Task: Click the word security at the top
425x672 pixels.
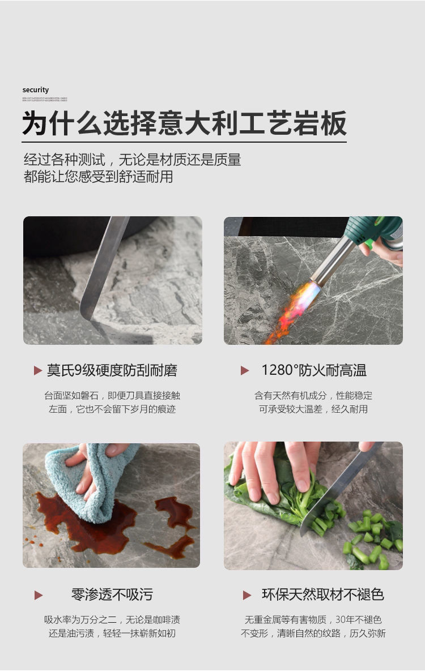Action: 36,90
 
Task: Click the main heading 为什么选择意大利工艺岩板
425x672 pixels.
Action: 184,123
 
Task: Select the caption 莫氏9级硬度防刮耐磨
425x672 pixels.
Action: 112,371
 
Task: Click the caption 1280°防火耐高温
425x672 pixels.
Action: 313,371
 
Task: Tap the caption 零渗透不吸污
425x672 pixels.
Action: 112,594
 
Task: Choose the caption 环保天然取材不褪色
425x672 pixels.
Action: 323,594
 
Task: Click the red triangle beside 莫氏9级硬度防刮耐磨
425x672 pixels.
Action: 38,371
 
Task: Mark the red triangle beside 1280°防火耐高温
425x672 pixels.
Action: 245,371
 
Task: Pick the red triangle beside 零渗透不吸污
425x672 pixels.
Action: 39,595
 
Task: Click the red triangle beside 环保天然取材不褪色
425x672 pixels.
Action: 247,595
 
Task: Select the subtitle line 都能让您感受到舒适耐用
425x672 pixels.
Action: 99,177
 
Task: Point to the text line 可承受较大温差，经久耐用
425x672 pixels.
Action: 313,409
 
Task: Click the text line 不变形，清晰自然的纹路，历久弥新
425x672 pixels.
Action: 313,633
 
